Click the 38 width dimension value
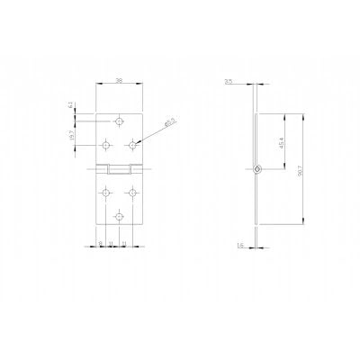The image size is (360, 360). click(x=120, y=79)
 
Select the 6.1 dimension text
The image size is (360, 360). click(x=71, y=106)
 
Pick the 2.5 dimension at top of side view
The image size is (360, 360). click(x=229, y=82)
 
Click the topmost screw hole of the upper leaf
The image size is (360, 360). click(x=119, y=119)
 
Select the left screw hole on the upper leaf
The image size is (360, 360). click(x=106, y=142)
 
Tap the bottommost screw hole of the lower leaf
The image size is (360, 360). click(x=119, y=215)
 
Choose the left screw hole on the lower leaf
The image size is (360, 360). click(x=106, y=191)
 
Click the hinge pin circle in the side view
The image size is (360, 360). click(x=256, y=168)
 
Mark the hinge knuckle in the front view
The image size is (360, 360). click(x=119, y=168)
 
